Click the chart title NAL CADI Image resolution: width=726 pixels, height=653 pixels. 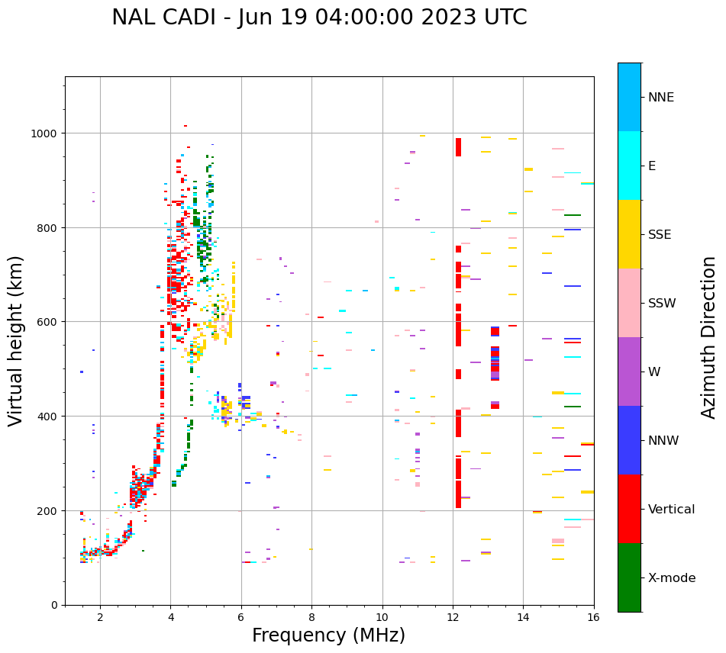click(x=319, y=18)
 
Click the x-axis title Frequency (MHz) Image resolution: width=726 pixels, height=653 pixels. click(x=328, y=635)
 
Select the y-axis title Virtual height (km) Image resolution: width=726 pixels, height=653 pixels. click(x=16, y=340)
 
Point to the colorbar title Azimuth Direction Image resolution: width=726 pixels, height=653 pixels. click(x=709, y=337)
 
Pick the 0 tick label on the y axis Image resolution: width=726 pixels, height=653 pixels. click(x=54, y=605)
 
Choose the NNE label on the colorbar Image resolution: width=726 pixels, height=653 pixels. click(x=661, y=98)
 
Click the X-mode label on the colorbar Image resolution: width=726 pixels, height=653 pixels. click(x=672, y=578)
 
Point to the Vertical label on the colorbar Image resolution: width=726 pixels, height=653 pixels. click(x=672, y=510)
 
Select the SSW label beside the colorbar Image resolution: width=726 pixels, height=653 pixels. click(x=662, y=304)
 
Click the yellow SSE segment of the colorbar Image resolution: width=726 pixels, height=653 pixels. click(x=629, y=234)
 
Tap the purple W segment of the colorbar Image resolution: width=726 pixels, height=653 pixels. click(x=629, y=372)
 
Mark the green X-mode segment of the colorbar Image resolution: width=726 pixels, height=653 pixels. click(x=629, y=577)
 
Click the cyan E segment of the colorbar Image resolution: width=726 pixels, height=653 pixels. click(x=629, y=166)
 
